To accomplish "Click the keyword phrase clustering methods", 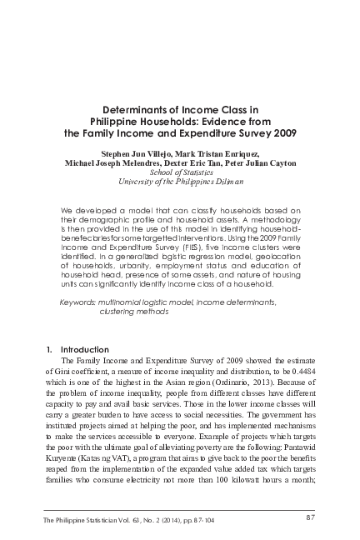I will click(x=133, y=311).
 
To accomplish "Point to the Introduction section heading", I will click(x=85, y=349).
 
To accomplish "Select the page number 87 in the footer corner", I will click(x=310, y=518).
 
